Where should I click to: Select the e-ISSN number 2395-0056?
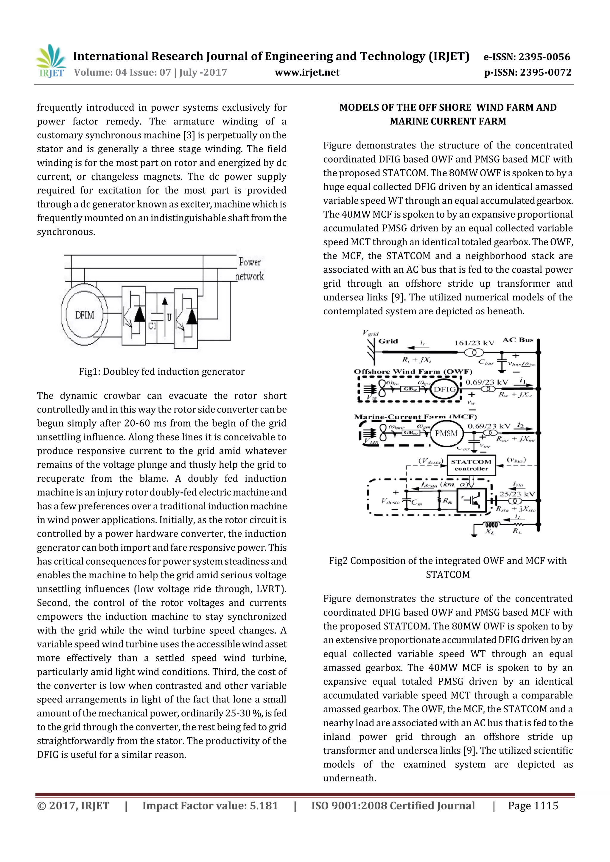tap(544, 57)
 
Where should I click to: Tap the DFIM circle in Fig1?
tap(85, 315)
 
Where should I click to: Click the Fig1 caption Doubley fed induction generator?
tap(161, 372)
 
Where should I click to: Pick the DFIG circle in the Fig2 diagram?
tap(445, 389)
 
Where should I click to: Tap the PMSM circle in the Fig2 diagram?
tap(446, 434)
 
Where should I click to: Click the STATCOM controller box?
tap(471, 465)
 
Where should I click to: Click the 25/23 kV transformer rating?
tap(516, 494)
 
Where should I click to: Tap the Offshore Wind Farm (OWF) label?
tap(413, 372)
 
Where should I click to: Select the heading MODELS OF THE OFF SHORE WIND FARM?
tap(448, 108)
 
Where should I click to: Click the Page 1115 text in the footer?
tap(533, 806)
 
